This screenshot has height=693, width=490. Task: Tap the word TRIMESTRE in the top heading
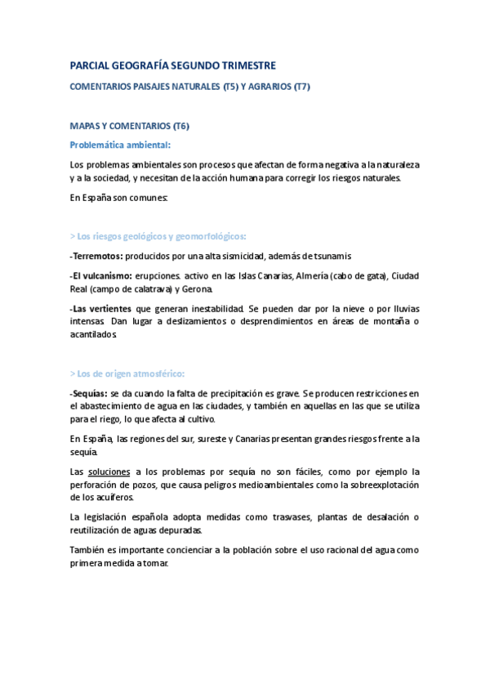point(247,65)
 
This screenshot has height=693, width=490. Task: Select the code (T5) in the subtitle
point(233,86)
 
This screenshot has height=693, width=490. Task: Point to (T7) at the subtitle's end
point(301,86)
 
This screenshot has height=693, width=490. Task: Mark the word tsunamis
point(332,256)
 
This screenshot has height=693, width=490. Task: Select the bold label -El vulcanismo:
point(102,276)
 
